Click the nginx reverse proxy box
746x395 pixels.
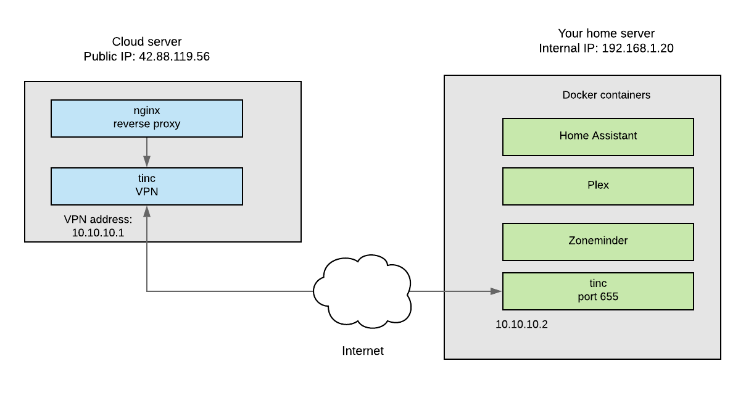pyautogui.click(x=147, y=118)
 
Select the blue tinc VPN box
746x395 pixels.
pyautogui.click(x=147, y=186)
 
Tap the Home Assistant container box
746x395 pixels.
pyautogui.click(x=598, y=137)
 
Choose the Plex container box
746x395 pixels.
pyautogui.click(x=598, y=186)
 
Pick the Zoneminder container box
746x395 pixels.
pyautogui.click(x=598, y=242)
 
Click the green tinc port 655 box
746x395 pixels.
pyautogui.click(x=598, y=291)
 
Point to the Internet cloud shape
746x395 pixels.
pyautogui.click(x=362, y=292)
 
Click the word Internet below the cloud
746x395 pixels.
pyautogui.click(x=363, y=351)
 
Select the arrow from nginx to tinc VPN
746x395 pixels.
pyautogui.click(x=147, y=152)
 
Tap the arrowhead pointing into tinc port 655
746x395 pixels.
pyautogui.click(x=496, y=291)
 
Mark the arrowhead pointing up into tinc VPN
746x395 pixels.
pyautogui.click(x=147, y=212)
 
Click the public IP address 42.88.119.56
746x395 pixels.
pyautogui.click(x=174, y=57)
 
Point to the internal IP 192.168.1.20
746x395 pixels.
pyautogui.click(x=638, y=48)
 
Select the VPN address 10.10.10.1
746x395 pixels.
pyautogui.click(x=98, y=233)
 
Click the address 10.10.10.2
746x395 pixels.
pyautogui.click(x=521, y=325)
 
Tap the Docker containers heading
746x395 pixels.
pyautogui.click(x=607, y=95)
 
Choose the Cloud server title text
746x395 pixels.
pyautogui.click(x=147, y=41)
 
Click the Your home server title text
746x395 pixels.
pyautogui.click(x=607, y=33)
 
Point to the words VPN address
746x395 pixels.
pyautogui.click(x=98, y=220)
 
